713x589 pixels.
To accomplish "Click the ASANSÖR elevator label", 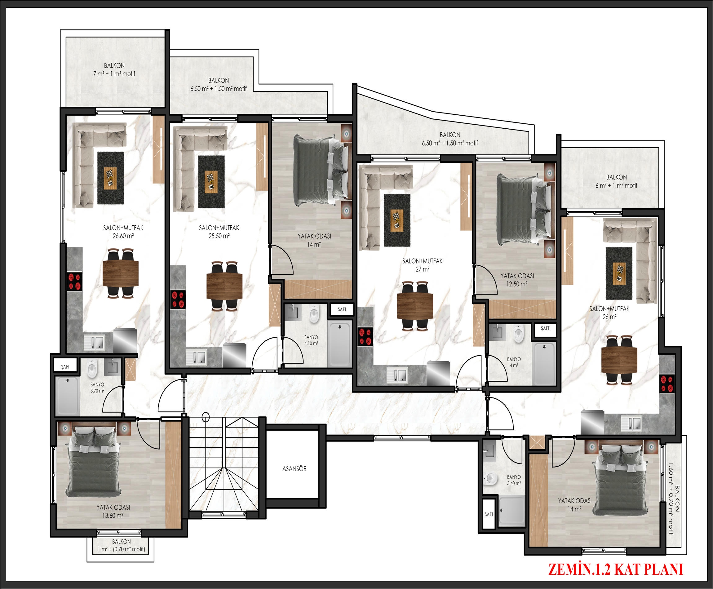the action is click(294, 468).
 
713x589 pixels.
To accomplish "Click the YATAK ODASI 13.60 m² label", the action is click(113, 511).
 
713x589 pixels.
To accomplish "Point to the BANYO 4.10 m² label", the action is click(311, 340).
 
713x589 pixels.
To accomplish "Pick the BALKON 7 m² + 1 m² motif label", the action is click(114, 69).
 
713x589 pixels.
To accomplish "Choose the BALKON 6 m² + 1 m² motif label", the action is click(616, 181).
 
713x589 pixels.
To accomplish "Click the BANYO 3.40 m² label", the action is click(514, 480).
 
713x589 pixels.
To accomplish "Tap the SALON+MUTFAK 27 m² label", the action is click(422, 265).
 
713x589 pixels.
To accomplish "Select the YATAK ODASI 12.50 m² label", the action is click(517, 280).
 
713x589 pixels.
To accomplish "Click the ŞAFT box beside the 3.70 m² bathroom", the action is click(65, 366).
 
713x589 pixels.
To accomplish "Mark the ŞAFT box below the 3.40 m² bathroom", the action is click(489, 514).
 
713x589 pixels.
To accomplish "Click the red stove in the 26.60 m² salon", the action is click(75, 281).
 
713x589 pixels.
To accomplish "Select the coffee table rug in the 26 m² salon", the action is click(619, 273).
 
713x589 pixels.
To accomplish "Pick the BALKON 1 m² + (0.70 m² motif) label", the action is click(122, 545).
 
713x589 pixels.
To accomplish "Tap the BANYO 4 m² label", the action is click(514, 362).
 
